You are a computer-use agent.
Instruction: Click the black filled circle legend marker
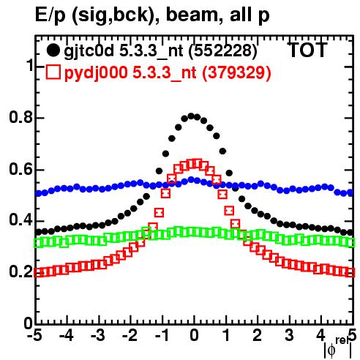click(x=53, y=51)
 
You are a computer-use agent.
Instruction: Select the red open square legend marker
click(x=53, y=72)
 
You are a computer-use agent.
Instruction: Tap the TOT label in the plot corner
click(x=307, y=50)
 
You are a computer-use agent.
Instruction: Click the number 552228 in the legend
click(x=222, y=51)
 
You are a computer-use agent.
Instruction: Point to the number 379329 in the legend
click(x=236, y=72)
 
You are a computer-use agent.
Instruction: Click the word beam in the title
click(x=192, y=15)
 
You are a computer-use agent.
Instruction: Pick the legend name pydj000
click(x=96, y=73)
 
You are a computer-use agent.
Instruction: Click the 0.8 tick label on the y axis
click(x=20, y=118)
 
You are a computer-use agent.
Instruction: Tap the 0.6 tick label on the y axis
click(x=20, y=169)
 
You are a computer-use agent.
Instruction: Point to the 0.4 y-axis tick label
click(x=20, y=221)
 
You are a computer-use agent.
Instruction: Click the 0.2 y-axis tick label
click(x=20, y=272)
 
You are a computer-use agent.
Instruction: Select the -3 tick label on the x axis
click(x=98, y=335)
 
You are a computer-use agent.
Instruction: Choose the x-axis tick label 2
click(x=258, y=335)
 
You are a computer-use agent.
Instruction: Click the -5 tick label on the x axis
click(x=34, y=335)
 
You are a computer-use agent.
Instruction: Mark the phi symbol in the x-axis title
click(x=331, y=350)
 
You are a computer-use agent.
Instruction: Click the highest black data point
click(x=191, y=116)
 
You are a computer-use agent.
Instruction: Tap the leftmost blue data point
click(x=38, y=194)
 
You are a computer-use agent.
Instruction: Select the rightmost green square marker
click(x=350, y=242)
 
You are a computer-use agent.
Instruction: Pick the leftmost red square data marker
click(x=38, y=272)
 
